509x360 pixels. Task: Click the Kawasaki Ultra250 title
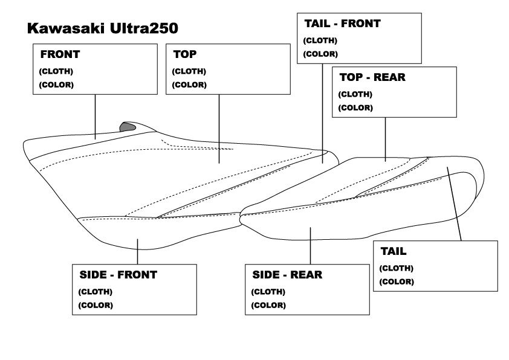pos(102,28)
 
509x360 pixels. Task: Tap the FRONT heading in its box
pos(60,54)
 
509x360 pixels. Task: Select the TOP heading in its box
pos(184,54)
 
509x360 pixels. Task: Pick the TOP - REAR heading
pos(372,77)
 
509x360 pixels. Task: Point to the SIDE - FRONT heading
pos(118,274)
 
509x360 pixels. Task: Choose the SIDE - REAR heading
pos(287,275)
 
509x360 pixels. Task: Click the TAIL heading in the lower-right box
pos(393,251)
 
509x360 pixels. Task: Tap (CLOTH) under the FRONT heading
pos(56,71)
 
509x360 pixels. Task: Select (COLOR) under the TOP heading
pos(189,85)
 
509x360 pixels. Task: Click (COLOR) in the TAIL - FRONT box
pos(320,54)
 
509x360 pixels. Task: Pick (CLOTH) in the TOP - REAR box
pos(355,94)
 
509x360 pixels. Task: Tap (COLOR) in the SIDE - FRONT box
pos(96,305)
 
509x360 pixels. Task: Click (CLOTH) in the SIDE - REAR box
pos(268,292)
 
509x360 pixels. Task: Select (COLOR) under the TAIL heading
pos(397,281)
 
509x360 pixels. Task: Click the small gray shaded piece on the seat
pos(128,127)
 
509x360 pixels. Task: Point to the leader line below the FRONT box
pos(96,115)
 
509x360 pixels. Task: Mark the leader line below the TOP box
pos(219,127)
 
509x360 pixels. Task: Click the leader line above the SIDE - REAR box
pos(311,246)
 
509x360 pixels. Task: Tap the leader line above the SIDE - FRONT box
pos(138,251)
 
